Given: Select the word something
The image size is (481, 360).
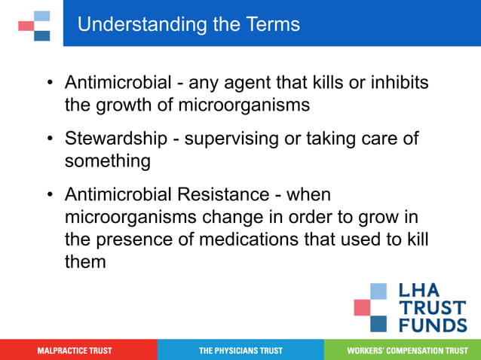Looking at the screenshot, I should (107, 161).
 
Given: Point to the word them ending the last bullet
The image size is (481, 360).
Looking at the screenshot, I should (85, 263).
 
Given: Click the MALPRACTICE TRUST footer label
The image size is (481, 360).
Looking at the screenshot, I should (75, 351).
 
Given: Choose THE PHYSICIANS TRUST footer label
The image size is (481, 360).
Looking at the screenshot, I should (240, 351).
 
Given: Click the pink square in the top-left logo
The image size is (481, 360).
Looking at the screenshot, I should (26, 26).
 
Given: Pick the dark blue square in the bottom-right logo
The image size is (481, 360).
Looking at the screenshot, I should (378, 323).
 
